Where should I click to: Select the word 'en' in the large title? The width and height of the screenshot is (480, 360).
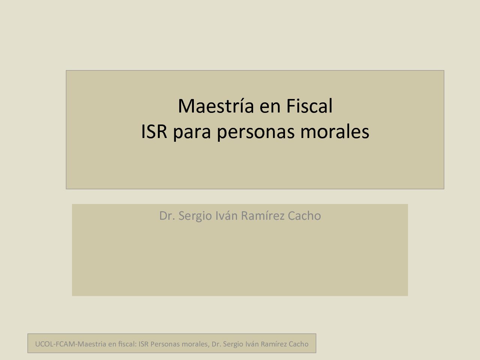270,108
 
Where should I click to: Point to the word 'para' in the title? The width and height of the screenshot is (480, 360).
192,134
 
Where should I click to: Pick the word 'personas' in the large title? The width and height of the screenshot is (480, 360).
256,134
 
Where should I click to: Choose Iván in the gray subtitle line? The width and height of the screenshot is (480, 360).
226,216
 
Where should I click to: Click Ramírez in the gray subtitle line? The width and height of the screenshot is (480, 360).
262,216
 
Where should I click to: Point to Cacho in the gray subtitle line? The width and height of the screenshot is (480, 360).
304,216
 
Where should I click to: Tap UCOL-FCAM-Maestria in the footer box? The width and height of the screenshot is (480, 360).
70,344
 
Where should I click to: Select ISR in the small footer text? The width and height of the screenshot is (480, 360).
144,344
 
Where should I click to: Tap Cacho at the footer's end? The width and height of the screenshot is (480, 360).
298,344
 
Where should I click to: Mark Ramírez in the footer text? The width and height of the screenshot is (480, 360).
274,344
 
